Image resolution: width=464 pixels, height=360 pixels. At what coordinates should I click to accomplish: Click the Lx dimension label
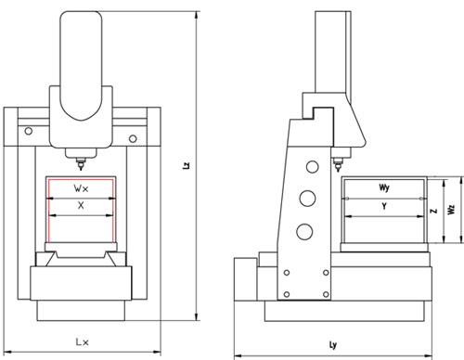point(83,341)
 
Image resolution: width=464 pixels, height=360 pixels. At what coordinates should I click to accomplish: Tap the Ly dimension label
point(333,345)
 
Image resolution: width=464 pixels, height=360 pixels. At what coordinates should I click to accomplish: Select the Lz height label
point(187,165)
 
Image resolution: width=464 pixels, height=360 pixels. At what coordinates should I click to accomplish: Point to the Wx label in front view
point(81,188)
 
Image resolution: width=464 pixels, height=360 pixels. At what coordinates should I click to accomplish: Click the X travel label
point(81,205)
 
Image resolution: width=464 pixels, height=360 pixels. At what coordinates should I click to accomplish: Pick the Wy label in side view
point(384,187)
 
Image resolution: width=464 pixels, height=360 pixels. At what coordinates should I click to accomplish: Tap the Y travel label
point(384,206)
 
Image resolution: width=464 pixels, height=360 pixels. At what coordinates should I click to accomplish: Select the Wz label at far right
point(452,210)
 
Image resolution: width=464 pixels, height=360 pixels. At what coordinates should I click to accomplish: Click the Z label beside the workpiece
point(434,211)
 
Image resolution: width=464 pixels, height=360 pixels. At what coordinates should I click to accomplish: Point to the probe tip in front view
point(81,169)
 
